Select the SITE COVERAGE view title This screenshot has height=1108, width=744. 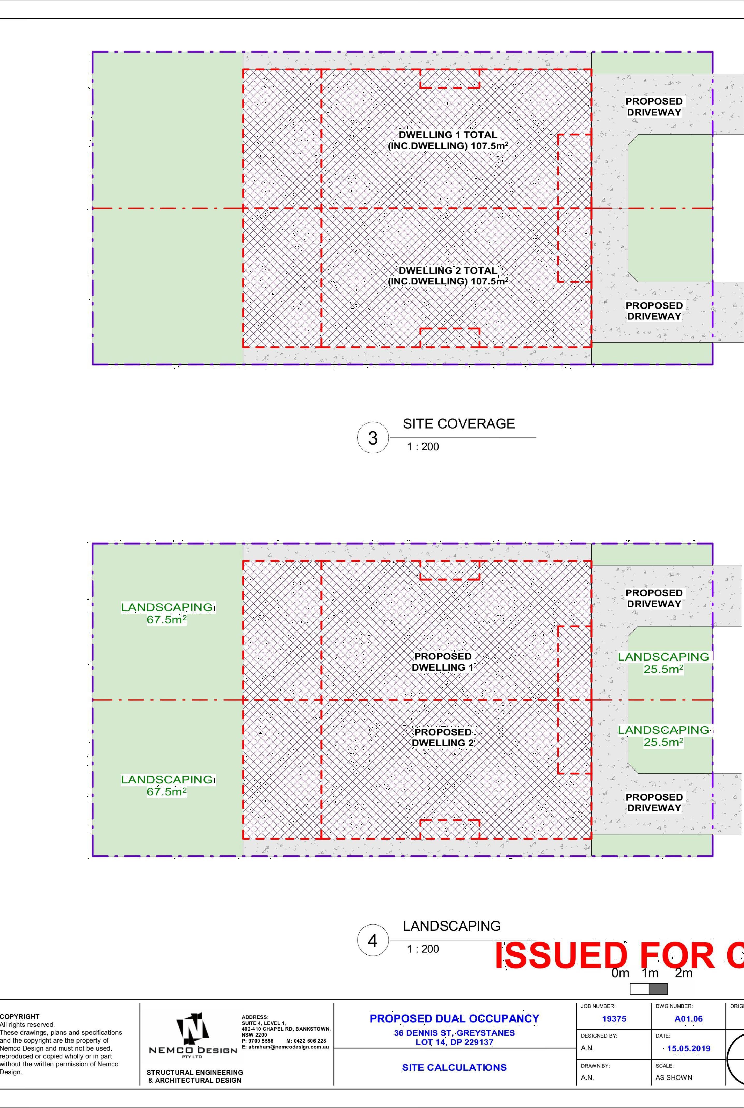(458, 424)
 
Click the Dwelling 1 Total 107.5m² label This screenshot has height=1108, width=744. (448, 140)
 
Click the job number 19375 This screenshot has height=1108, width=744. (614, 1018)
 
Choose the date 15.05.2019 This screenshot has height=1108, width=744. (689, 1048)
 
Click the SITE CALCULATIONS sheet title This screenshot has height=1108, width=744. (454, 1067)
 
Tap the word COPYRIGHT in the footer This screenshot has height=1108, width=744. (20, 1016)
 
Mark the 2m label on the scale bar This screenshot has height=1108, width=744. (684, 974)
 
